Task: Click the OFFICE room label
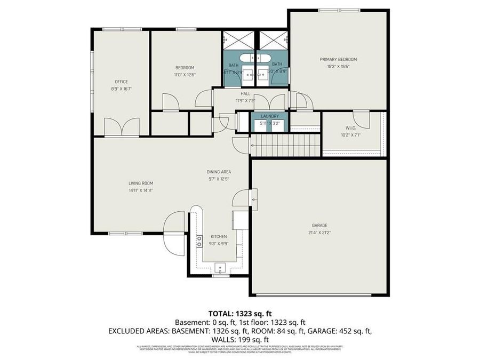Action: [x=121, y=82]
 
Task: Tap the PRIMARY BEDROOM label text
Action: [x=338, y=59]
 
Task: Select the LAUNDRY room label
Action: [x=269, y=116]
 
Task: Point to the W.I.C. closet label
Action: [x=350, y=128]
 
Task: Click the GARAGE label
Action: [x=319, y=225]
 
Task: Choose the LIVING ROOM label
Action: [x=140, y=183]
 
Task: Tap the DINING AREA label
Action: [x=219, y=172]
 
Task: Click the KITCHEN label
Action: [x=219, y=236]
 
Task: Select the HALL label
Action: [x=245, y=93]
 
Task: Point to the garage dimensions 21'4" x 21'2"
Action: [x=319, y=232]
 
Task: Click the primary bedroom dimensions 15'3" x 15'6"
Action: [x=338, y=67]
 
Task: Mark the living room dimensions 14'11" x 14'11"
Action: [x=140, y=190]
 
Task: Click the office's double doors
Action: [x=122, y=127]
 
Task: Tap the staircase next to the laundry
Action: [x=285, y=146]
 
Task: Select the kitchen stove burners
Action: [x=199, y=241]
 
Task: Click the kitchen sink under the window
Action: [x=219, y=268]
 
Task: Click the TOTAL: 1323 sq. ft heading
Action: [x=239, y=313]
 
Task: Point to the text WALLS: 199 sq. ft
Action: [x=239, y=339]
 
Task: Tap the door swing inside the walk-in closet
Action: [x=361, y=118]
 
